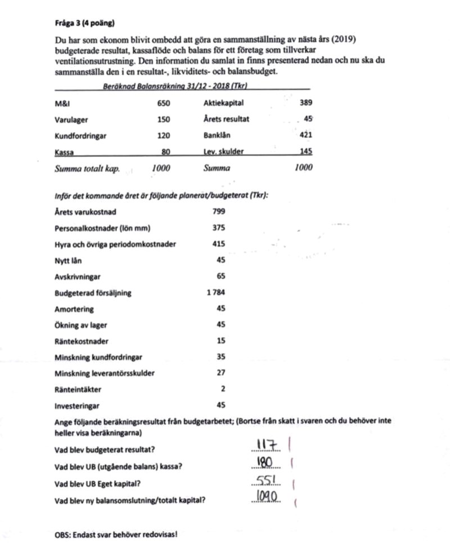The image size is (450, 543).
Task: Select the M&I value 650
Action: coord(163,104)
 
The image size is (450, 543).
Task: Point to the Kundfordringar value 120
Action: coord(163,136)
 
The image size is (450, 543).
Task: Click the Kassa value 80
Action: coord(165,152)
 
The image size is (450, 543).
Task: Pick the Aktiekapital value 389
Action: coord(306,104)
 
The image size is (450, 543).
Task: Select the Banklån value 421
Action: coord(306,135)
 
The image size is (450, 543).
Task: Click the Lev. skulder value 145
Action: coord(306,152)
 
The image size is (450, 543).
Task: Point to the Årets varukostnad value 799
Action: coord(219,212)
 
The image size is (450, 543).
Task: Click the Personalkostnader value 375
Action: coord(219,228)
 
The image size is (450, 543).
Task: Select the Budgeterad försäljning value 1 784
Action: coord(216,293)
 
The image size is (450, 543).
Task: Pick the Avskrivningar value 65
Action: coord(220,277)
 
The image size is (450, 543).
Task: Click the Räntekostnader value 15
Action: coord(220,341)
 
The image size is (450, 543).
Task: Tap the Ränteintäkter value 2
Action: coord(223,389)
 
